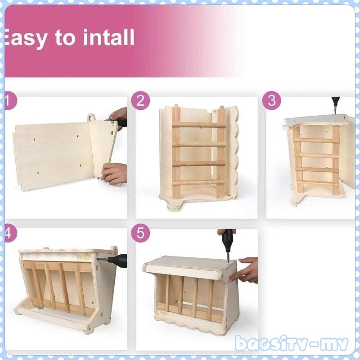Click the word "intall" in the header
click(x=108, y=38)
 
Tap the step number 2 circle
click(x=140, y=101)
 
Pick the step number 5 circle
click(x=140, y=233)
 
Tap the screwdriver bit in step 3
click(x=335, y=107)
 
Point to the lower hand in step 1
click(x=115, y=173)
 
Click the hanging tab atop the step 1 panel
click(x=92, y=118)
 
